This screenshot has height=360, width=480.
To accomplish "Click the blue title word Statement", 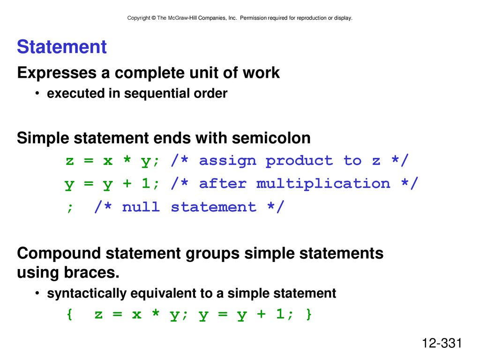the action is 61,47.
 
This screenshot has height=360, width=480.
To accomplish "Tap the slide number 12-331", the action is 442,343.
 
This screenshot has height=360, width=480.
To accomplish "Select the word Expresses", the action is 57,73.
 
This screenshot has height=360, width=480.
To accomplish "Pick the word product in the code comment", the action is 299,161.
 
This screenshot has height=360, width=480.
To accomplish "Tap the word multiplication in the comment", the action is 323,184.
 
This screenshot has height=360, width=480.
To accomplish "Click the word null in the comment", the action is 141,207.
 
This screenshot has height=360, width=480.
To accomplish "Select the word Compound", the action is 59,254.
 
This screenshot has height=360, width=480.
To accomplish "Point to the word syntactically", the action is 87,293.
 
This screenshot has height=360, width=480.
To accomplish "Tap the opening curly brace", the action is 69,315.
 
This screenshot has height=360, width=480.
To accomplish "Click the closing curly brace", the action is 309,315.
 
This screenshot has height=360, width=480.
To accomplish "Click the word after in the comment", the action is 223,184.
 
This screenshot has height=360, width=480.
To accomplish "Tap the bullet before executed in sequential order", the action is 37,93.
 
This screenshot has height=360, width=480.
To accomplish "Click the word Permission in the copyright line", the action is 253,18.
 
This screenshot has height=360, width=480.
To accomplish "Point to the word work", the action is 261,73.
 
